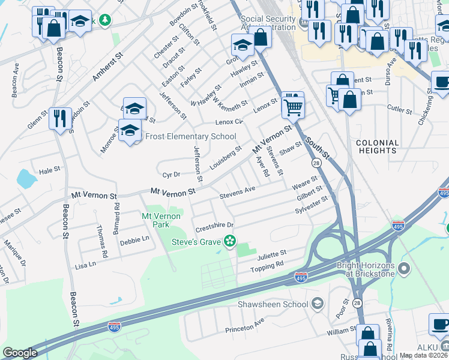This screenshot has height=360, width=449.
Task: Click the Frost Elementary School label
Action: (x=181, y=136)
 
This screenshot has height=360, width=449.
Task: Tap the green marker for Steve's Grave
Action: (x=229, y=241)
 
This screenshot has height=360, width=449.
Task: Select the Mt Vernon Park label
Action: (x=161, y=220)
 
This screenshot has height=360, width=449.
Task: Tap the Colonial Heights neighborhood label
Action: (x=378, y=147)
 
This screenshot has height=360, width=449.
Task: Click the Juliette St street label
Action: (x=272, y=256)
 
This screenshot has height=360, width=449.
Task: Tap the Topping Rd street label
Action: (x=267, y=266)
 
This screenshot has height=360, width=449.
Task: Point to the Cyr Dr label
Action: (x=172, y=175)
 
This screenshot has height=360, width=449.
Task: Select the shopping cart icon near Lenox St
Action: (x=293, y=107)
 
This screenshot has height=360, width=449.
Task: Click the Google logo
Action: (x=20, y=353)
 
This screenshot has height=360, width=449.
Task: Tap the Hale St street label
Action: (x=50, y=170)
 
